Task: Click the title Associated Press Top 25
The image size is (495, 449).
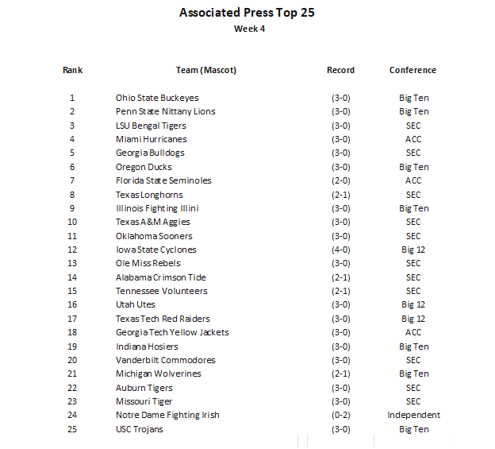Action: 247,13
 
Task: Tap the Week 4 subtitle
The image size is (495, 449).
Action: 249,29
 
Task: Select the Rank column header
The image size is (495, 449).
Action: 72,70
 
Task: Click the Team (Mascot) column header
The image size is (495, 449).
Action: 206,70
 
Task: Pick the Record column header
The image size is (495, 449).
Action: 340,70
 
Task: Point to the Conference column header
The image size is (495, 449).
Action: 412,70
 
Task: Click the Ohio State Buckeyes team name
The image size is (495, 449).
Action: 157,98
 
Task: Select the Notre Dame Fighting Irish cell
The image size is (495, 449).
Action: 167,415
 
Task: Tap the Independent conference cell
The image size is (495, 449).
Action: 413,415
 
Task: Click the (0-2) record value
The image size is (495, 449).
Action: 341,415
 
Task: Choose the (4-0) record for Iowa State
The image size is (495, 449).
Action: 341,250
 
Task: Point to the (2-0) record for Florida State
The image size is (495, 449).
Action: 341,180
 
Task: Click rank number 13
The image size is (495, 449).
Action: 72,263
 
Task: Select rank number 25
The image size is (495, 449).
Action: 72,429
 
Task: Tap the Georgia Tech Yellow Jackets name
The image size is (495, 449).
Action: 172,332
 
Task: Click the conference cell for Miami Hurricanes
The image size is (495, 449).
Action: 413,139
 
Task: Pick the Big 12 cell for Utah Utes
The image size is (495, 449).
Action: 413,304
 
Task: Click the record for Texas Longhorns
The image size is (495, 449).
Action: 341,195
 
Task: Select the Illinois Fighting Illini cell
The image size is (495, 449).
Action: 157,208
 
